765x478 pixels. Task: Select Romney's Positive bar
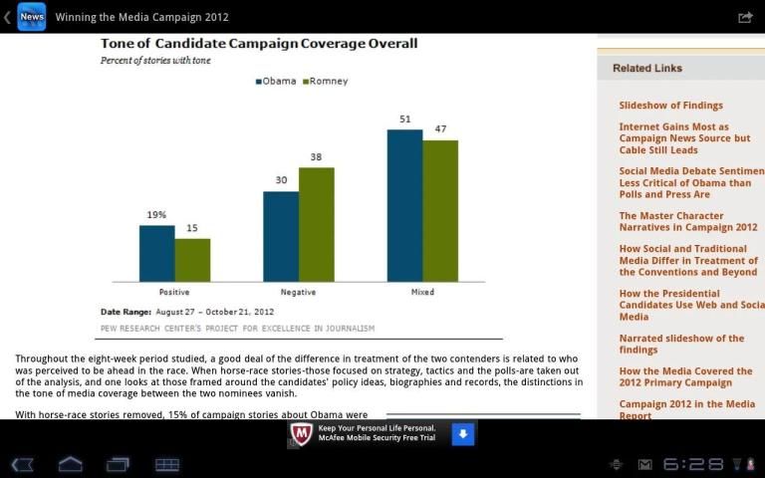[192, 260]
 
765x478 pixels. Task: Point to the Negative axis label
[299, 293]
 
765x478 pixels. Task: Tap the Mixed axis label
[422, 293]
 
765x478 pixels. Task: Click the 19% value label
[156, 215]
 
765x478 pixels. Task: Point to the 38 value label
[316, 157]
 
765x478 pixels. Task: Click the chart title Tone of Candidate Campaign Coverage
[258, 44]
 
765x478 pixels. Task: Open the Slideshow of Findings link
[670, 106]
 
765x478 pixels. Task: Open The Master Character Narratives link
[687, 222]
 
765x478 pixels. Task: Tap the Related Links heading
[647, 68]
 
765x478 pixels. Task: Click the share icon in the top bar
[745, 17]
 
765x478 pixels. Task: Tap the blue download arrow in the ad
[462, 433]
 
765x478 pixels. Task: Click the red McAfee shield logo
[302, 434]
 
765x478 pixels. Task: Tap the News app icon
[32, 17]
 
